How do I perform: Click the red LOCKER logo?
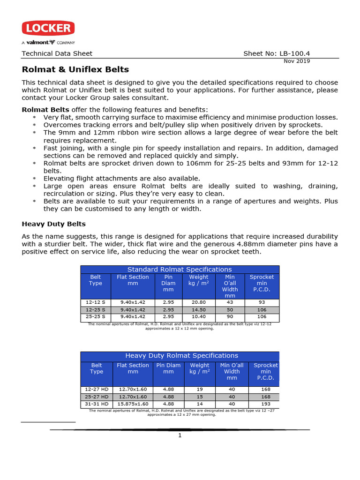[48, 29]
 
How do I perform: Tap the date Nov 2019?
[297, 61]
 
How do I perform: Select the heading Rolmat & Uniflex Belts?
[75, 70]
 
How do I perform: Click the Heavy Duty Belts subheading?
[54, 224]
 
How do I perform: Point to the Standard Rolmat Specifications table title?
[180, 270]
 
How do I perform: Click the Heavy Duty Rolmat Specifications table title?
[181, 356]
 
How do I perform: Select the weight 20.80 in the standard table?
[199, 303]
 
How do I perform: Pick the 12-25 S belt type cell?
[96, 310]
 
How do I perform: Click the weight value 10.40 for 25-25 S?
[199, 317]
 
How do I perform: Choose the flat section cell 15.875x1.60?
[134, 404]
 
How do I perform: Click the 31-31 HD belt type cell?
[97, 404]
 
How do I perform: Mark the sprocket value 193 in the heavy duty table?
[265, 404]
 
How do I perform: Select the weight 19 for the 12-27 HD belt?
[200, 389]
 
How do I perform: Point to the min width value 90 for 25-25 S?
[230, 317]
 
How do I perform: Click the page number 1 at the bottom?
[180, 435]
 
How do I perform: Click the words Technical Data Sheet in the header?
[57, 53]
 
